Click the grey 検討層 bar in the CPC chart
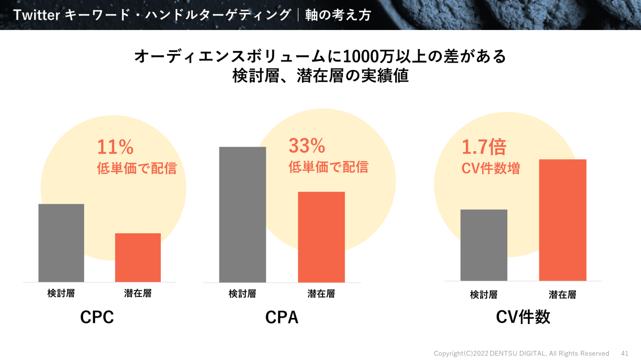[x=61, y=243]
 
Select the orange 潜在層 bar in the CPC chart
[x=138, y=257]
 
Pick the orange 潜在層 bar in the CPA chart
[x=321, y=237]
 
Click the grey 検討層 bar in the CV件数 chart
[x=483, y=245]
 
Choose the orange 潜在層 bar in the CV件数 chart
[x=562, y=220]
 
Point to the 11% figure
[x=115, y=147]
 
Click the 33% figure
[x=307, y=146]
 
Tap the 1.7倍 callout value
[x=484, y=148]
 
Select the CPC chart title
[x=97, y=317]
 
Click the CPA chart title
[x=282, y=317]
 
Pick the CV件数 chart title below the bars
[x=523, y=317]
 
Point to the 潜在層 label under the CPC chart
[x=138, y=293]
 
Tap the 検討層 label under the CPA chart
[x=242, y=294]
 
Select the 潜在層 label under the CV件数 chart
[x=562, y=295]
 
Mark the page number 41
[x=624, y=353]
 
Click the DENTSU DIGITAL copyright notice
[x=521, y=353]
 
